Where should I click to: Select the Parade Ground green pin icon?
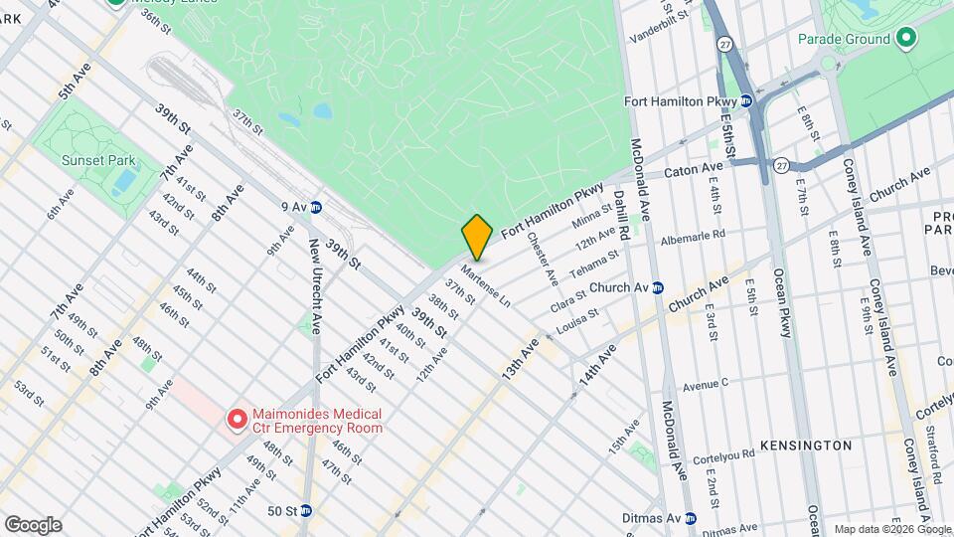(x=905, y=39)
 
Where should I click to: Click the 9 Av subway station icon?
(x=316, y=207)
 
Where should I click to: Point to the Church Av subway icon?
(x=657, y=286)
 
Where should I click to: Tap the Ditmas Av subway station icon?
(x=691, y=518)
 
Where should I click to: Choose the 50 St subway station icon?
(x=306, y=511)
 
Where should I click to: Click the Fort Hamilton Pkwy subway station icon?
(x=745, y=100)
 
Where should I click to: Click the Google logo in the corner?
(x=33, y=524)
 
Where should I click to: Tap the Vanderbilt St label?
(x=660, y=27)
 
